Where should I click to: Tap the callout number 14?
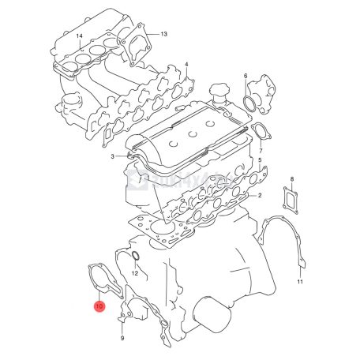click(79, 37)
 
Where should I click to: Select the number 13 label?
click(163, 35)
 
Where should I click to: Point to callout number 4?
click(186, 64)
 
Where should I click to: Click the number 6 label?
click(246, 77)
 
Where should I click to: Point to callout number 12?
click(135, 273)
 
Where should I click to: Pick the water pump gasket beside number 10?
click(104, 281)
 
